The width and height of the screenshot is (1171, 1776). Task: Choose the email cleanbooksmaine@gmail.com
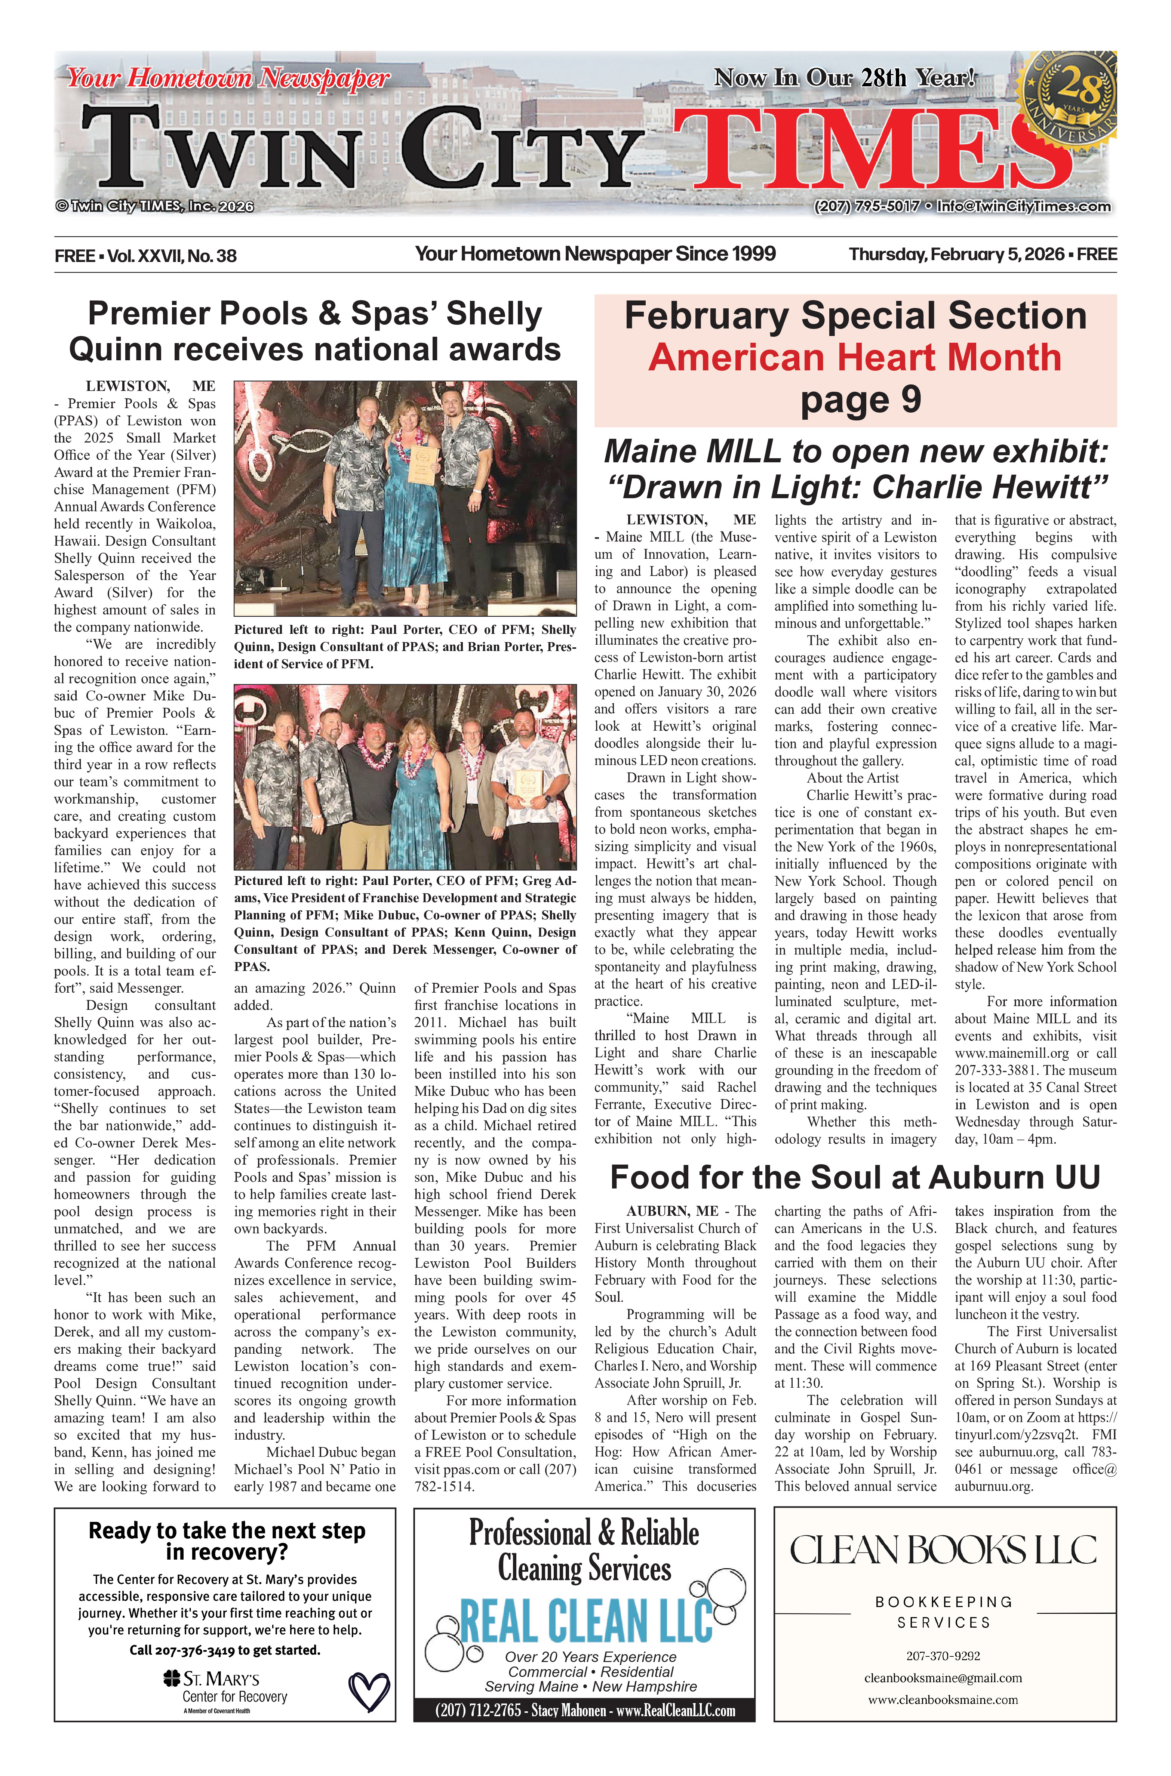coord(943,1677)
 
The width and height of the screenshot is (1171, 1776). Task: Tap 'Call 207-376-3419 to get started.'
coord(225,1650)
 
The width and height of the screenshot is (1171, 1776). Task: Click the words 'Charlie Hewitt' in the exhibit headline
coord(990,487)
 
